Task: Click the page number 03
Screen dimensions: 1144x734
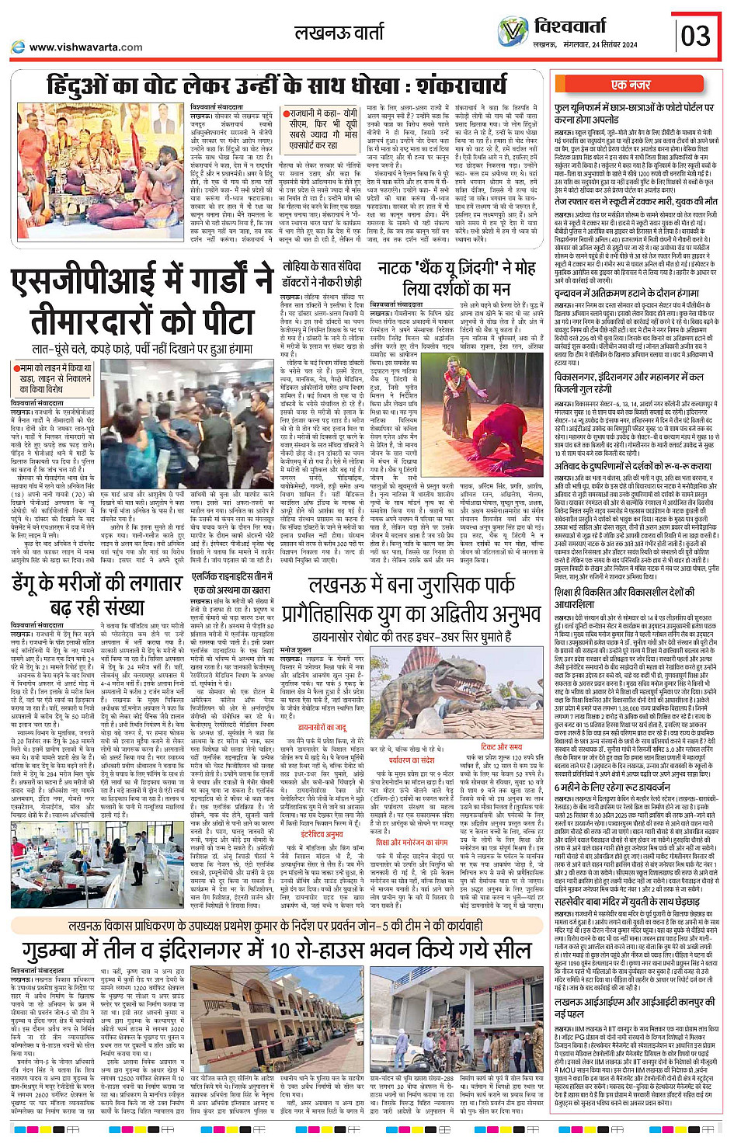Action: [x=695, y=36]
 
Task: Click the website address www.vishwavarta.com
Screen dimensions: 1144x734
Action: [x=85, y=47]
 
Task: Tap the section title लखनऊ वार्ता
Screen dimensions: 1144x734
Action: [x=339, y=33]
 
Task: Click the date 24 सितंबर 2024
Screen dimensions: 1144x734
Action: [x=610, y=45]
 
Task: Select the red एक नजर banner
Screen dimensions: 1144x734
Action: [x=631, y=85]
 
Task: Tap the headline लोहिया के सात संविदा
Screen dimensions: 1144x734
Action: [x=322, y=266]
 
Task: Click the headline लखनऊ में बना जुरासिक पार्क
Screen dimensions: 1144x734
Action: [x=412, y=585]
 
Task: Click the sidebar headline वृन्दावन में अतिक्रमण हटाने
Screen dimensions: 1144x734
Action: [x=626, y=294]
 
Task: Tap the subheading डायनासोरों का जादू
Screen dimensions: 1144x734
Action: [x=323, y=728]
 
